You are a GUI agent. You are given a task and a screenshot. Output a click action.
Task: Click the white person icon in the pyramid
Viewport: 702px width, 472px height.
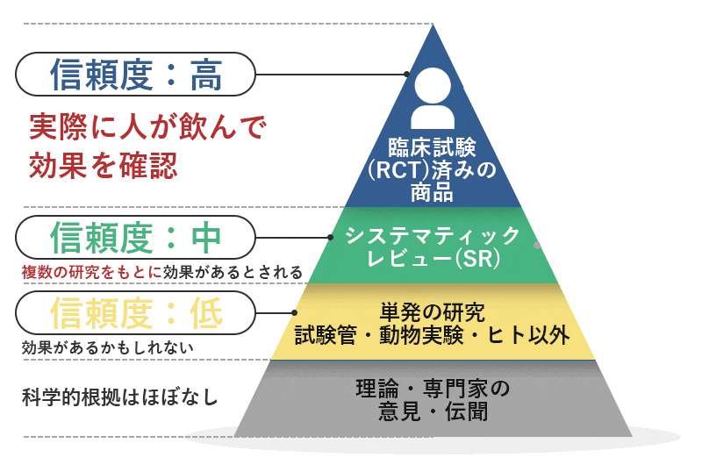[x=433, y=98]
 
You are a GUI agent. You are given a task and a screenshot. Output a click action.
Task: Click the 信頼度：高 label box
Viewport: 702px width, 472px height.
[x=136, y=75]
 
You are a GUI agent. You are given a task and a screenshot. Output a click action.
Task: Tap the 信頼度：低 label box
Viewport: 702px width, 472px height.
[x=136, y=312]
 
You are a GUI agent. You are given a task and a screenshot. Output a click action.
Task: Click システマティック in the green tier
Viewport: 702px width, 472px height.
[x=433, y=234]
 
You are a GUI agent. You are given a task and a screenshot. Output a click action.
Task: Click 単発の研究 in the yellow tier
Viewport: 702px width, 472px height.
[x=432, y=311]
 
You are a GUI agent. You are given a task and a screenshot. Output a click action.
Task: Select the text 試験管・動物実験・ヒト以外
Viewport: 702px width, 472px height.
[x=433, y=335]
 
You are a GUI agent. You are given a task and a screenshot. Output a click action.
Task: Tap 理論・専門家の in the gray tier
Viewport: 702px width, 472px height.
[x=433, y=387]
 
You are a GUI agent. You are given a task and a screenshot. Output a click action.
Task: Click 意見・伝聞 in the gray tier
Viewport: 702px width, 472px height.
[x=432, y=409]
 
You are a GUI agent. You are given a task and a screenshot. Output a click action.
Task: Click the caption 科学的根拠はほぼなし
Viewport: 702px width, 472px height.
[x=119, y=397]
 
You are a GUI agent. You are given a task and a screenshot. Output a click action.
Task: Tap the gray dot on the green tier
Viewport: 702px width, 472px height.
[x=537, y=246]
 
